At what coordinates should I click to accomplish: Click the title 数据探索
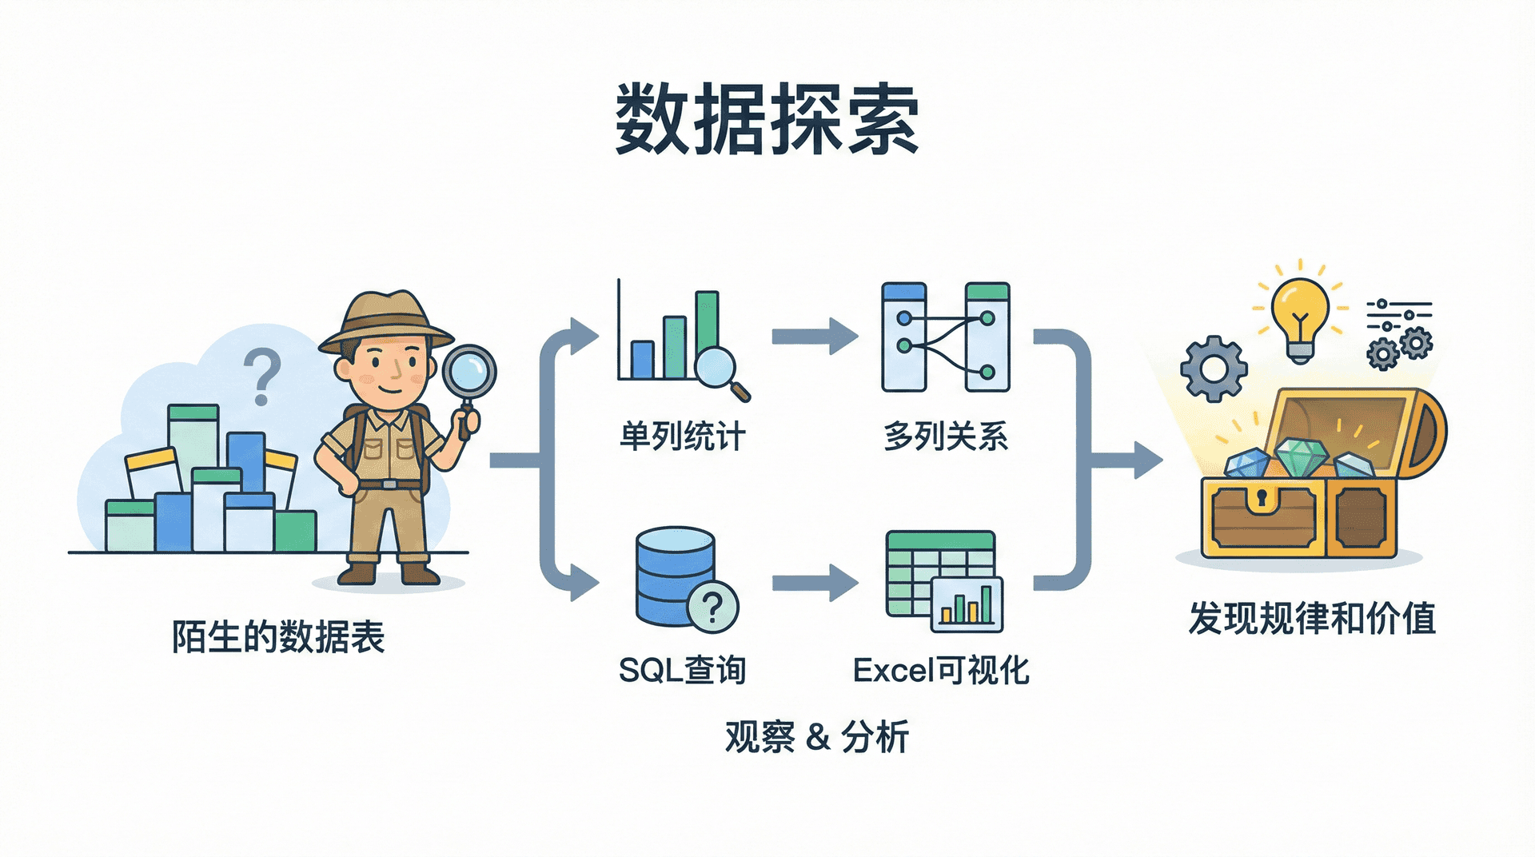(766, 120)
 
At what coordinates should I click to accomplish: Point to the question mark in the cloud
(261, 376)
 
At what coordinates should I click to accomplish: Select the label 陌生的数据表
(278, 637)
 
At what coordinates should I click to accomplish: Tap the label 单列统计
(682, 436)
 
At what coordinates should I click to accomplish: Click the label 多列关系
(945, 436)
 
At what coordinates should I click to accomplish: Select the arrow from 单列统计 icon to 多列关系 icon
(814, 336)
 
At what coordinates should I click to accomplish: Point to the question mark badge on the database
(712, 607)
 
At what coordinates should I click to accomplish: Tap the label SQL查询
(682, 670)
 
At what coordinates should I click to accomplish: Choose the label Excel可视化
(941, 670)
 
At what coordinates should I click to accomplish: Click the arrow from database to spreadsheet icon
(814, 583)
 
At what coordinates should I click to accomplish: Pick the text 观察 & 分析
(816, 736)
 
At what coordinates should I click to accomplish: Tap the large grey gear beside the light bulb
(1214, 368)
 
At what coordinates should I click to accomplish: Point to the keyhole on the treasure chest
(1262, 498)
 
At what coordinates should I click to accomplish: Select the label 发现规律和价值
(1312, 619)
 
